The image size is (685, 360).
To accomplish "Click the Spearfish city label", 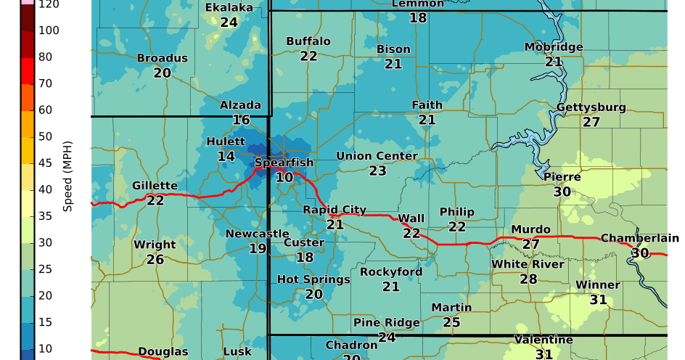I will [284, 163].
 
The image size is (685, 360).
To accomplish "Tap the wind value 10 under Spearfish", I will [284, 177].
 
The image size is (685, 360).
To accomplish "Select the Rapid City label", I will [335, 210].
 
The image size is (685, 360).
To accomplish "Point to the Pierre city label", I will [562, 176].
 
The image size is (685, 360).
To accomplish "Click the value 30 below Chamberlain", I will [639, 253].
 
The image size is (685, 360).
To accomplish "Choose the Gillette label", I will [155, 186].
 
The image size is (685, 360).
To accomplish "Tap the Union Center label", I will [377, 156].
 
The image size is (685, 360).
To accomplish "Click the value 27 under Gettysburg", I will [591, 122].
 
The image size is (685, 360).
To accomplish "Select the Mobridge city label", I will [554, 47].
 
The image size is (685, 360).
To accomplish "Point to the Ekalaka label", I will [229, 8].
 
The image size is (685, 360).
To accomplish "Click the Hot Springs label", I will [313, 279].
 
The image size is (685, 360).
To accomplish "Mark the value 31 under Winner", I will [598, 299].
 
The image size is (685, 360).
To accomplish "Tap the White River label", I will [528, 264].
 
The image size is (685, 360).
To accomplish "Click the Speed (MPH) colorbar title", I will [68, 176].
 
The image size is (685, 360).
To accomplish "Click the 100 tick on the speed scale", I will [49, 30].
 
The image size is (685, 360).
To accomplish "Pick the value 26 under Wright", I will [155, 259].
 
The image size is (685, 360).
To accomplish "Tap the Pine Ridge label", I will [386, 322].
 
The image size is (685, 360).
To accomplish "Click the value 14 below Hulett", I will [226, 156].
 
